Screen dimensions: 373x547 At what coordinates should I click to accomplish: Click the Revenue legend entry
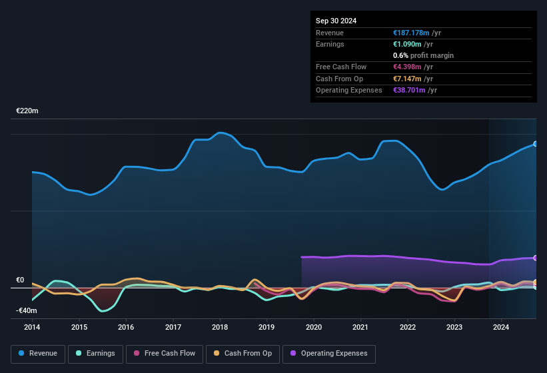point(38,353)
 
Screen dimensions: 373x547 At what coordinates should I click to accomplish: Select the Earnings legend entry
point(95,353)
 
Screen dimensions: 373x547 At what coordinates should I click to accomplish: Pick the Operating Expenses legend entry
point(329,353)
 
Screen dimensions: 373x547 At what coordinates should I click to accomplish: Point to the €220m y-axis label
point(27,111)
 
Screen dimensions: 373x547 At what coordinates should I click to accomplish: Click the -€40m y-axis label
point(27,310)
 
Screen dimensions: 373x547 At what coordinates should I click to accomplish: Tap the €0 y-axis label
point(20,280)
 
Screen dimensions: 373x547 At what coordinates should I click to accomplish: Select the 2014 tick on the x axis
point(32,327)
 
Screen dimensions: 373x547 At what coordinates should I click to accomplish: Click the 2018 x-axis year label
point(220,327)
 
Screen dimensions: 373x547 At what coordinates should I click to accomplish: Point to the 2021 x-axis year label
point(360,327)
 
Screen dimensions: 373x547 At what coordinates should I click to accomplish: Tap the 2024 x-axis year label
point(501,327)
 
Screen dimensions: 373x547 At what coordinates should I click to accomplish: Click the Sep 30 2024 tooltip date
point(336,21)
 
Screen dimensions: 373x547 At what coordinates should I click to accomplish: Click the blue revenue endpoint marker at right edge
point(536,144)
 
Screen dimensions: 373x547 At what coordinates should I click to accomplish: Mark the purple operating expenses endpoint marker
point(536,258)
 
